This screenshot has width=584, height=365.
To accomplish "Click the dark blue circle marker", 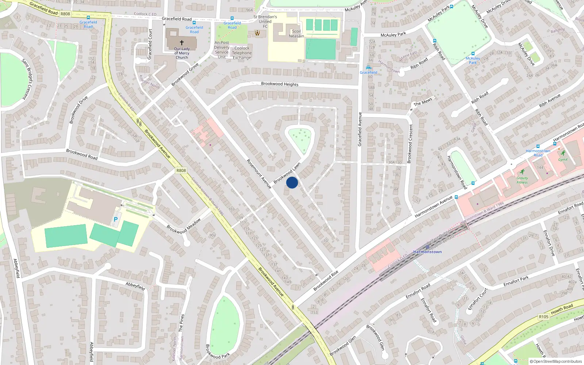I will click(292, 182).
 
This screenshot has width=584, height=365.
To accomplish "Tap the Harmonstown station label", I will click(427, 252).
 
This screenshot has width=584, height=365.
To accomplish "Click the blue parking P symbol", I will click(116, 219).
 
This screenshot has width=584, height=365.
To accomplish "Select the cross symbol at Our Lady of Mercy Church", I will click(181, 43).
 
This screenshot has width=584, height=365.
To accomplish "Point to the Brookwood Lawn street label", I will click(287, 173).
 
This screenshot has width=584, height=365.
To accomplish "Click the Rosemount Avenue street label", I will click(259, 174).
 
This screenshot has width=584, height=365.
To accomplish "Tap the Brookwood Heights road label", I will click(280, 84).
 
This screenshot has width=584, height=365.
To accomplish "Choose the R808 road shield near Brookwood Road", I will click(181, 170).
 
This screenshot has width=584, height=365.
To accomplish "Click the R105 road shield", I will click(543, 316).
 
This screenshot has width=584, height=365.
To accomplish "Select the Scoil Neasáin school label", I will click(296, 34).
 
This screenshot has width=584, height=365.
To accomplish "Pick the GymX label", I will click(563, 160).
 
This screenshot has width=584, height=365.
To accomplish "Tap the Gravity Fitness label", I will click(522, 180).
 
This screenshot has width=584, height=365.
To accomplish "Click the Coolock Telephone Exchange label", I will click(242, 53).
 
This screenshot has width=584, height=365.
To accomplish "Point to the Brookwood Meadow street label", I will click(184, 226).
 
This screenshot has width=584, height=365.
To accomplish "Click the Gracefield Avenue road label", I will click(360, 129).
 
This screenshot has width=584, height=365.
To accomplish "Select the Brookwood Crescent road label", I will click(410, 143).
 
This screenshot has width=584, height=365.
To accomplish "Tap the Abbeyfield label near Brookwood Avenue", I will click(135, 286).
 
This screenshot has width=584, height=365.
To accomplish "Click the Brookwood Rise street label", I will click(326, 281).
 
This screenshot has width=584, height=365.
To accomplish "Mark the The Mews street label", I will click(423, 102).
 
